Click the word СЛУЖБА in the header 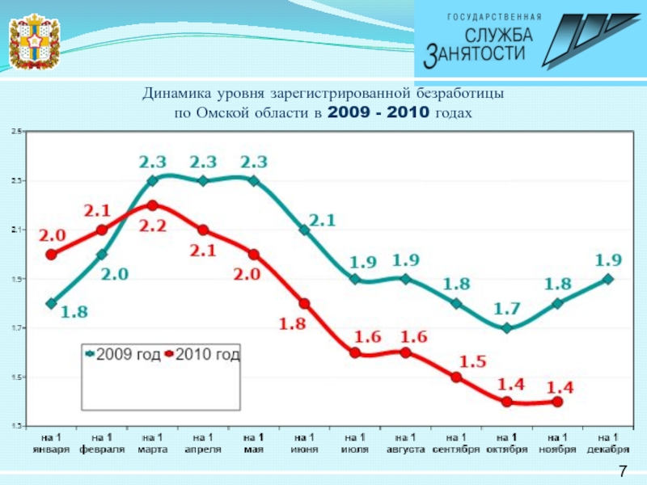pyautogui.click(x=499, y=35)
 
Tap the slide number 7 pyautogui.click(x=623, y=472)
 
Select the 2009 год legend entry pyautogui.click(x=123, y=354)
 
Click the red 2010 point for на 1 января pyautogui.click(x=52, y=255)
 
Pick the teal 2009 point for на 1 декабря pyautogui.click(x=608, y=280)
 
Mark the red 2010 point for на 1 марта pyautogui.click(x=152, y=205)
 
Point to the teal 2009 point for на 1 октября pyautogui.click(x=507, y=328)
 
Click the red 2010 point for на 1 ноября pyautogui.click(x=557, y=402)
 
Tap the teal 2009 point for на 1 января pyautogui.click(x=52, y=304)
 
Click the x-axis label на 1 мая pyautogui.click(x=253, y=443)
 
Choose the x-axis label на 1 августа pyautogui.click(x=405, y=443)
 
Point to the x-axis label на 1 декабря pyautogui.click(x=607, y=443)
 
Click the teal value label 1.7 pyautogui.click(x=507, y=308)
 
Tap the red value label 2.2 pyautogui.click(x=152, y=226)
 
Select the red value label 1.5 pyautogui.click(x=473, y=362)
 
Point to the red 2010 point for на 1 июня pyautogui.click(x=304, y=304)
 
